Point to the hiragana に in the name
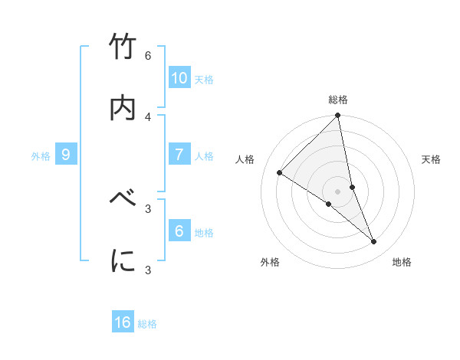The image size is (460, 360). click(123, 261)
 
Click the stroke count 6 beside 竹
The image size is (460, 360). click(148, 56)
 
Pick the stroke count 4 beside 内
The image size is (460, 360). click(148, 116)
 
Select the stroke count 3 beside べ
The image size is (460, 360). click(148, 208)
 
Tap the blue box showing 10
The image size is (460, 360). click(179, 77)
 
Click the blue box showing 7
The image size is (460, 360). click(179, 155)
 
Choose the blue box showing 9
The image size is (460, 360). click(66, 155)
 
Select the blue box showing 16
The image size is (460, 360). click(123, 322)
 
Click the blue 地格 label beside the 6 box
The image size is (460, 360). click(204, 233)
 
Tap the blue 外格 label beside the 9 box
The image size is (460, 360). click(41, 156)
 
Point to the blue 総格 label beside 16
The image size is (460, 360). click(147, 324)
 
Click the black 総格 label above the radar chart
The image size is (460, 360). click(338, 100)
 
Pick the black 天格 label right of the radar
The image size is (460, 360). click(432, 159)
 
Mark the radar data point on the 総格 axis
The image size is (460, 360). click(338, 116)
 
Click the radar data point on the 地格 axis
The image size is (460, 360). click(374, 242)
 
